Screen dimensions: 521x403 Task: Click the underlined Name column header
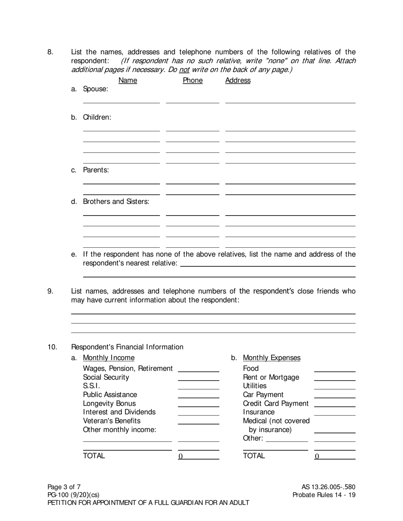coord(128,80)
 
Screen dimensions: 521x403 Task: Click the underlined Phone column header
coord(193,80)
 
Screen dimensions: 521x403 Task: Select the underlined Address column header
coord(238,80)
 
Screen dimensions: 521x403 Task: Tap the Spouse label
coord(95,89)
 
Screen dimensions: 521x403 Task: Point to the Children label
coord(97,117)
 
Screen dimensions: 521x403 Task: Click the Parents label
coord(96,170)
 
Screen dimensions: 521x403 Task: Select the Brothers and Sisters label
coord(116,202)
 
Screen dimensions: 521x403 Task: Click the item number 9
coord(50,291)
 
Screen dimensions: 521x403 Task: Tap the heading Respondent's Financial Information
coord(127,347)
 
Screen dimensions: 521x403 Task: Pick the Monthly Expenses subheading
coord(271,358)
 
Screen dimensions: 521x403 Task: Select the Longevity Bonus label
coord(109,403)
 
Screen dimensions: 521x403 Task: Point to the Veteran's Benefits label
coord(112,421)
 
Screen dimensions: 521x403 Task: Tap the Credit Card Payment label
coord(276,403)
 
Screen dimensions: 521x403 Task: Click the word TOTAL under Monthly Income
coord(94,456)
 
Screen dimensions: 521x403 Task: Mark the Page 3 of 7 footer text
coord(64,487)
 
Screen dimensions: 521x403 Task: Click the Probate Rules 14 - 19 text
coord(324,495)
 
